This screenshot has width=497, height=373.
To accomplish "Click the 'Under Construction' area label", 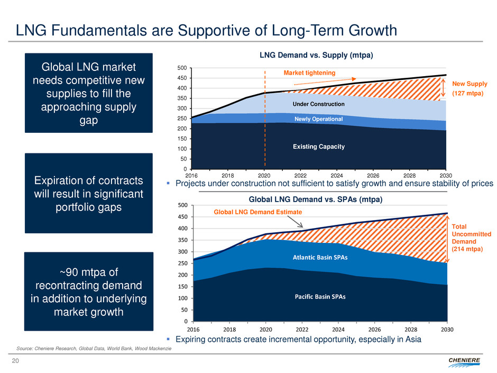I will tap(318, 104).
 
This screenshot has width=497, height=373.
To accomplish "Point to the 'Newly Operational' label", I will tap(318, 119).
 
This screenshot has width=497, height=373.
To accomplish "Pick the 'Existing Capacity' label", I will tap(318, 146).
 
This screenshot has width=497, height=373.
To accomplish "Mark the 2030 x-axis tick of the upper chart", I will tap(446, 175).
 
